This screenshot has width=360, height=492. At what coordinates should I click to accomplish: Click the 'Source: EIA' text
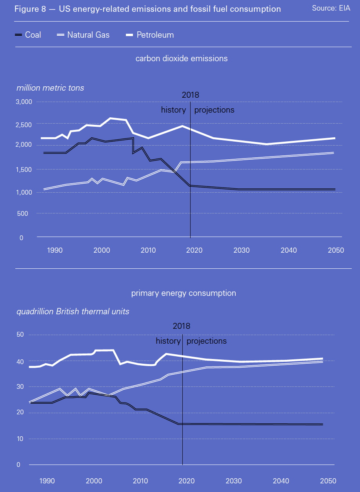coord(331,8)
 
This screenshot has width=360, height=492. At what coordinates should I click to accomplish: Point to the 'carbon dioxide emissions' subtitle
coord(182,58)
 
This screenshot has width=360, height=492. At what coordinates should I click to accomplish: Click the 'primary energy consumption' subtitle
coord(184,293)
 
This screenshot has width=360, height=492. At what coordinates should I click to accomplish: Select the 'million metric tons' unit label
coord(50,88)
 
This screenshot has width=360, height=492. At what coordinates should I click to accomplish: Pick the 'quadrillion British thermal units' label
coord(73,312)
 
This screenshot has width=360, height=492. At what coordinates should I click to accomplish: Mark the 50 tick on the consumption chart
coord(20,335)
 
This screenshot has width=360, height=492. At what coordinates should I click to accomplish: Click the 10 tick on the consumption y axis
coord(20,439)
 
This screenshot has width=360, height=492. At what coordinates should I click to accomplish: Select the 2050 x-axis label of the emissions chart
coord(336,250)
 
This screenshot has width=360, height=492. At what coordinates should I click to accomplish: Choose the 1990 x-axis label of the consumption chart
coord(47,481)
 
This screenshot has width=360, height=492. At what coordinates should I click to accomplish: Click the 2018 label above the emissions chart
coord(191,95)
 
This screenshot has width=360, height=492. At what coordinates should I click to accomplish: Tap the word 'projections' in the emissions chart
coord(214,110)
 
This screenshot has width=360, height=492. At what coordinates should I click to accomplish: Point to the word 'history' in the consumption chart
coord(168,341)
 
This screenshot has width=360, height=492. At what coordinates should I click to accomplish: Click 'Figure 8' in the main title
coord(27,9)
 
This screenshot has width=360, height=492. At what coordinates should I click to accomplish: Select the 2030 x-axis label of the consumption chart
coord(235,481)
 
